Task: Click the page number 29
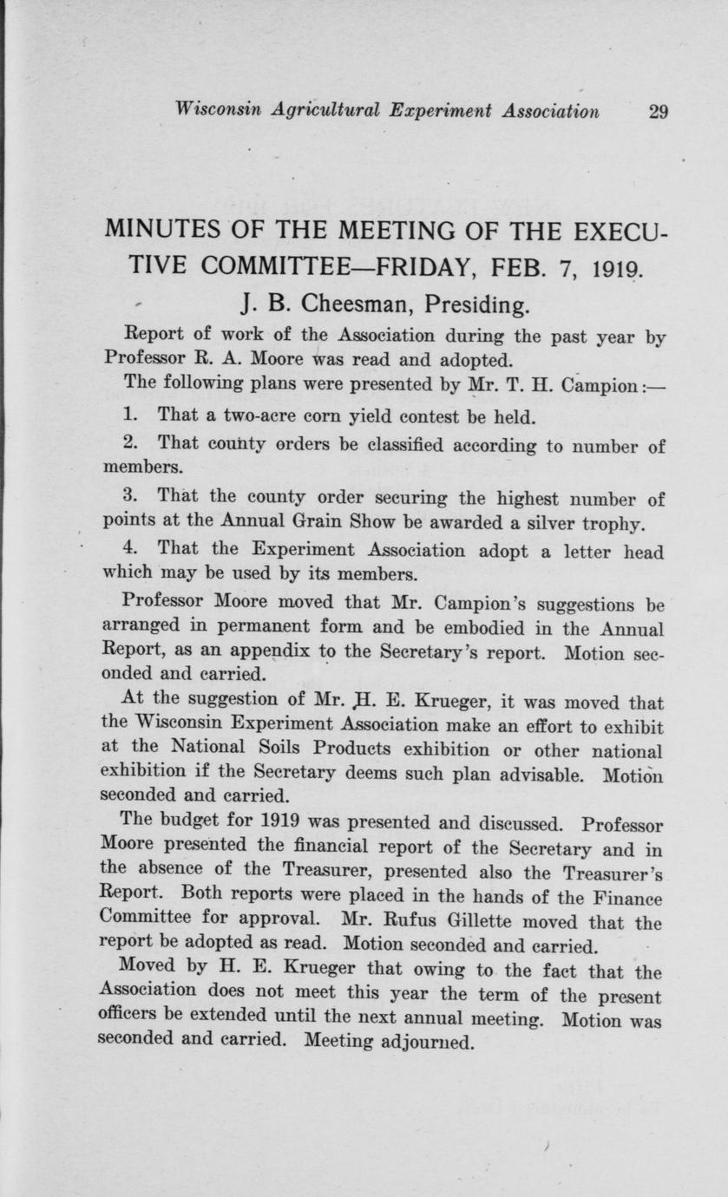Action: point(657,110)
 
